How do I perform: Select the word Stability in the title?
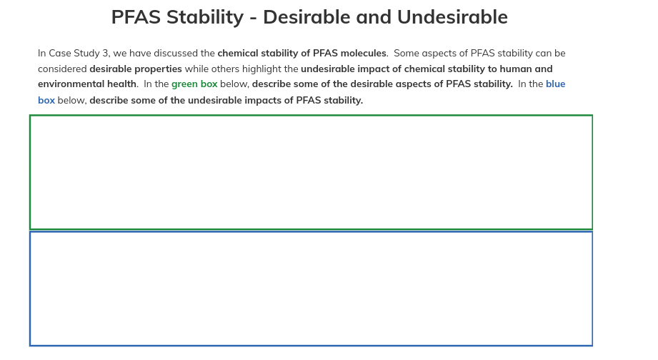tap(208, 17)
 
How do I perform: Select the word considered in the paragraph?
tap(62, 69)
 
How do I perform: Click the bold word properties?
tap(157, 69)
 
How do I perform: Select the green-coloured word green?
tap(184, 84)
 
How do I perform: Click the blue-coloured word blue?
tap(555, 84)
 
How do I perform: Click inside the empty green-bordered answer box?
tap(311, 172)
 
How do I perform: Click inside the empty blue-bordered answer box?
tap(311, 289)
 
